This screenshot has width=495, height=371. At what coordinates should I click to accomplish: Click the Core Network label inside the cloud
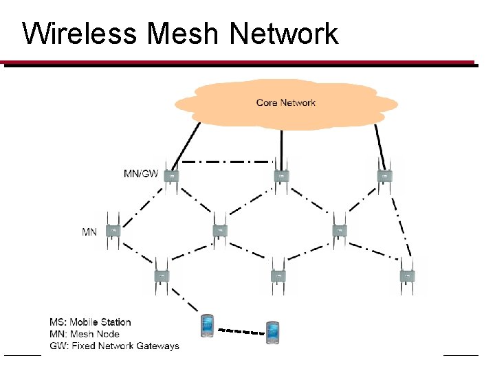(285, 103)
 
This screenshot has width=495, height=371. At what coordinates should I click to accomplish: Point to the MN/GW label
(140, 174)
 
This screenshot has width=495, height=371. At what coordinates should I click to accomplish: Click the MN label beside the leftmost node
(89, 232)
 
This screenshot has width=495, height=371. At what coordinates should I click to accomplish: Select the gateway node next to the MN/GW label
(172, 176)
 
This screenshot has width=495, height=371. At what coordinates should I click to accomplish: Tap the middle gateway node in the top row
(280, 176)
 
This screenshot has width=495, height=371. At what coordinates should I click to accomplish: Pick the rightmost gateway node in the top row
(385, 176)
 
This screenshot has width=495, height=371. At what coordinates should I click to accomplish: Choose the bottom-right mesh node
(407, 276)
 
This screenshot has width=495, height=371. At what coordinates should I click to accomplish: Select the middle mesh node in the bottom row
(278, 276)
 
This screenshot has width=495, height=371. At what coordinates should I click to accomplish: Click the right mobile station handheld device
(274, 332)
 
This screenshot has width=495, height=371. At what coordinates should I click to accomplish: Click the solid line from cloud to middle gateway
(280, 144)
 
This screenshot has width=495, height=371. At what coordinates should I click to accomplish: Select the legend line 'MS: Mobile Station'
(90, 322)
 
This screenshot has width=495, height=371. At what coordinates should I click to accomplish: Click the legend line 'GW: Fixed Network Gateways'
(114, 346)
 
